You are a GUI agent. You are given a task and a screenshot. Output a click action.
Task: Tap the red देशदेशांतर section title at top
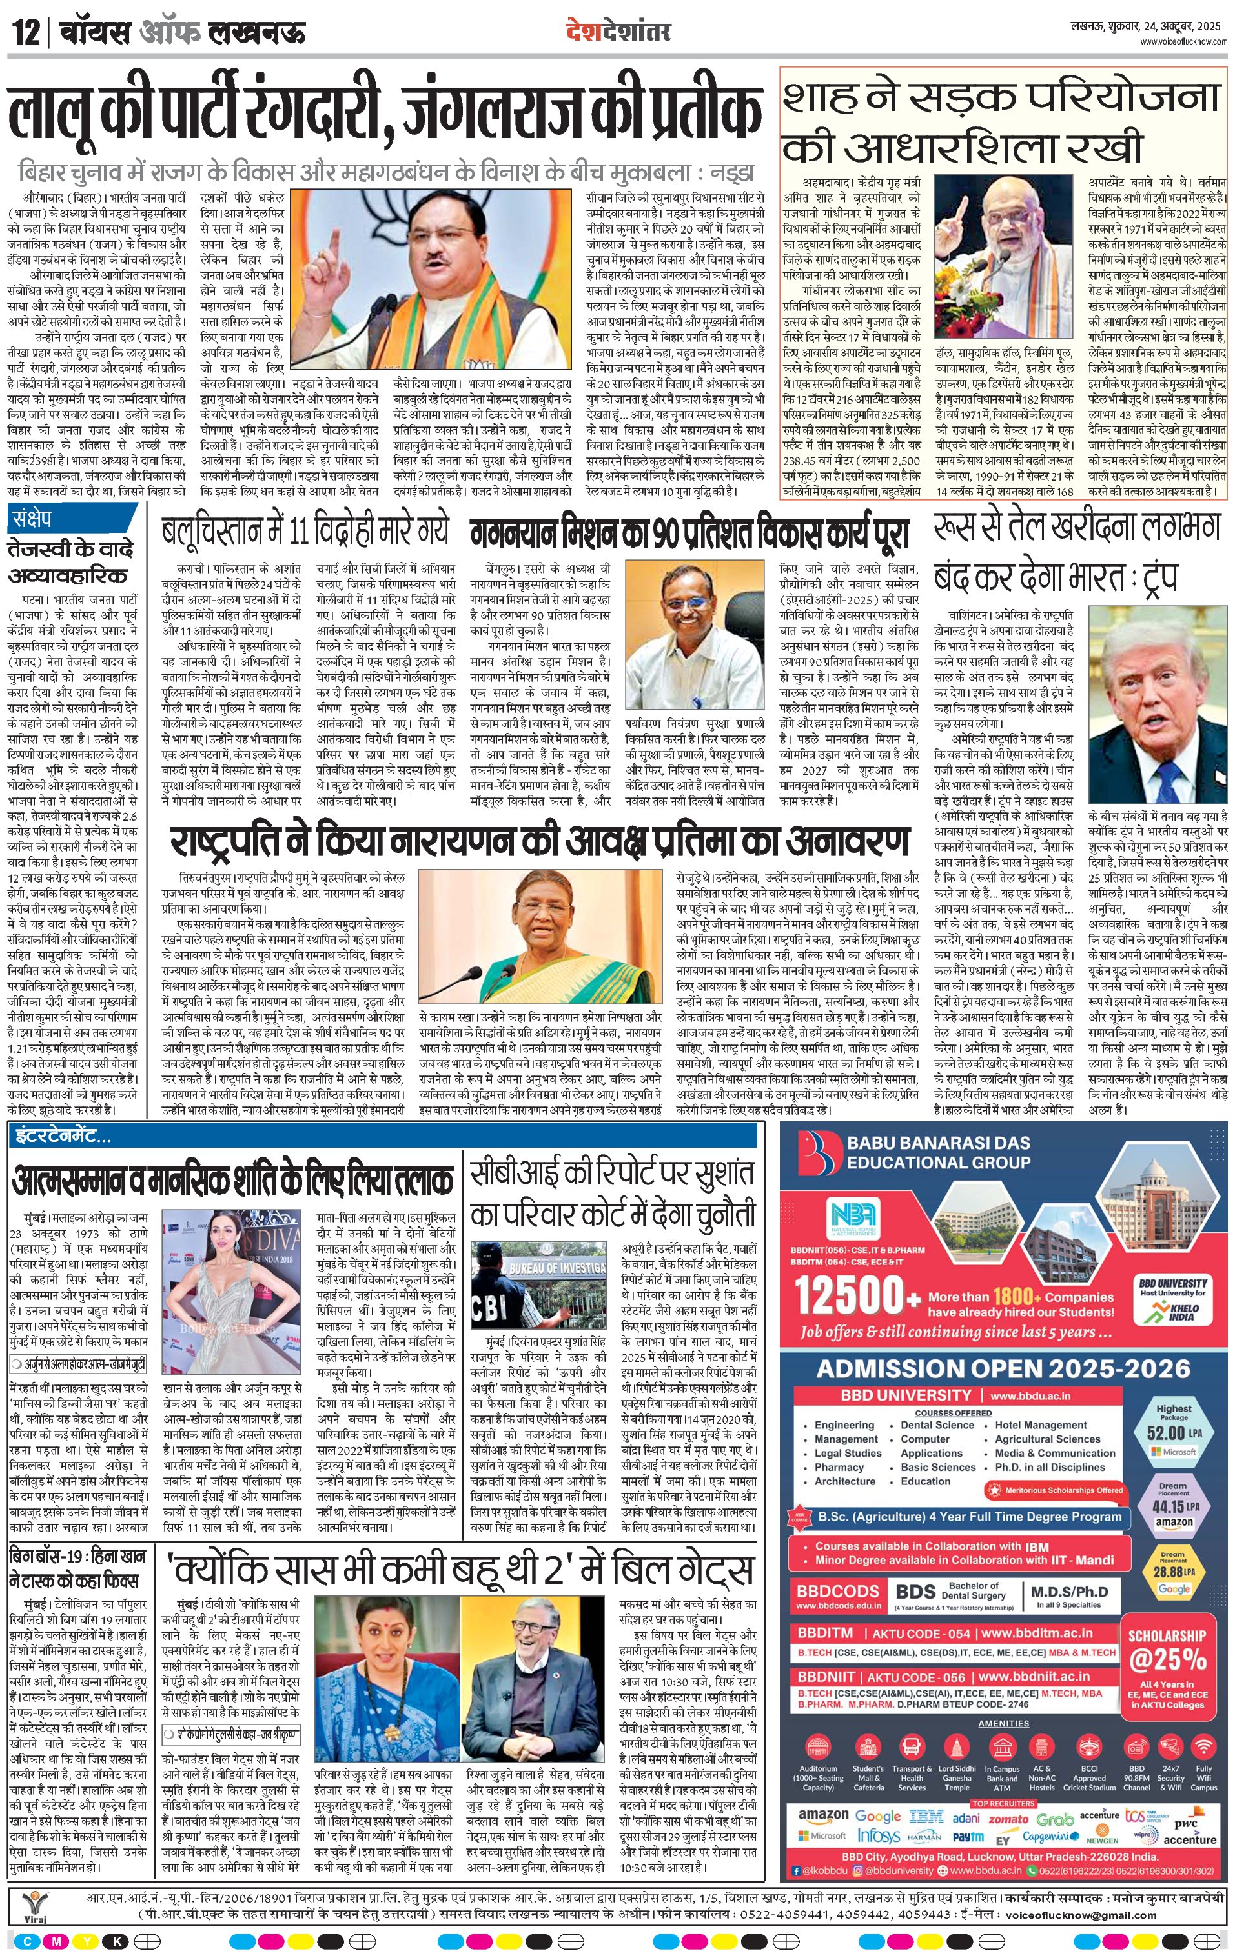tap(618, 32)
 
